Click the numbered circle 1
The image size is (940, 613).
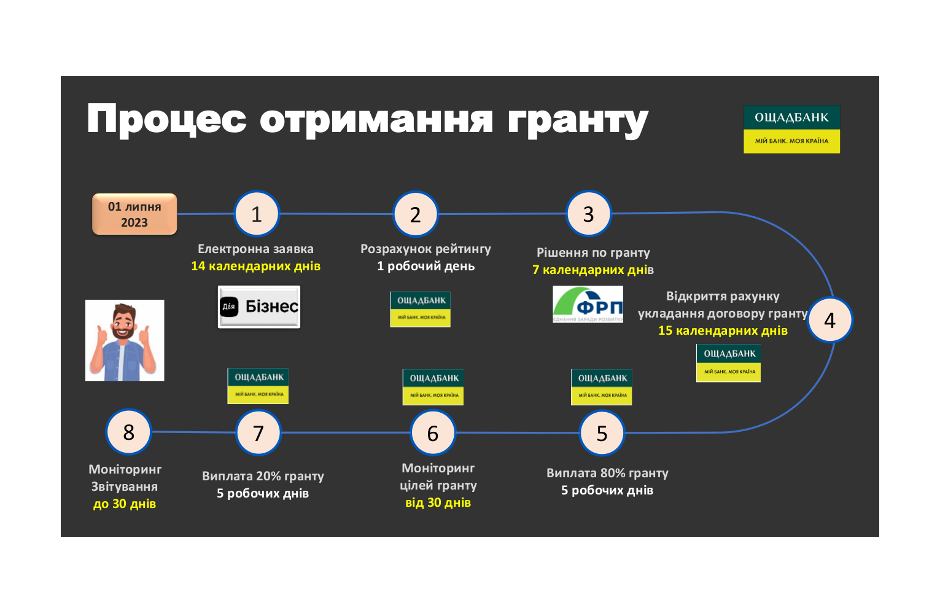(257, 214)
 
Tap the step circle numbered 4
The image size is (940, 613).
(829, 320)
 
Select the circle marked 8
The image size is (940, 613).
(128, 432)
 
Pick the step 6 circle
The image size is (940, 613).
(433, 433)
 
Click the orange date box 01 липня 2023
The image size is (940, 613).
(134, 214)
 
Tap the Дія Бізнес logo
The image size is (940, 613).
(259, 306)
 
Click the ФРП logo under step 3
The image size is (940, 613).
(588, 304)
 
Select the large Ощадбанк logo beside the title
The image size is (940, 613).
(791, 129)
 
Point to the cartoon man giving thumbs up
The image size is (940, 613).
(125, 340)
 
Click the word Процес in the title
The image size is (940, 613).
(166, 119)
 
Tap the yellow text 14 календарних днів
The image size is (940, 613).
(255, 266)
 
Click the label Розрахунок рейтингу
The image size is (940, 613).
(425, 249)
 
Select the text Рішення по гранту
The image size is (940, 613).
(593, 252)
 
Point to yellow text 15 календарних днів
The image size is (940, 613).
(723, 330)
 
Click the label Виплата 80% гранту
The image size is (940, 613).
(607, 473)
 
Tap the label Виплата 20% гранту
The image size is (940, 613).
(263, 476)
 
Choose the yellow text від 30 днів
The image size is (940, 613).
(438, 502)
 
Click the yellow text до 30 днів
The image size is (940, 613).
(125, 504)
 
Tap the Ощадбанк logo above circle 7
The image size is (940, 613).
(258, 386)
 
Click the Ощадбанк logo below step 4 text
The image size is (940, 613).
(728, 363)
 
